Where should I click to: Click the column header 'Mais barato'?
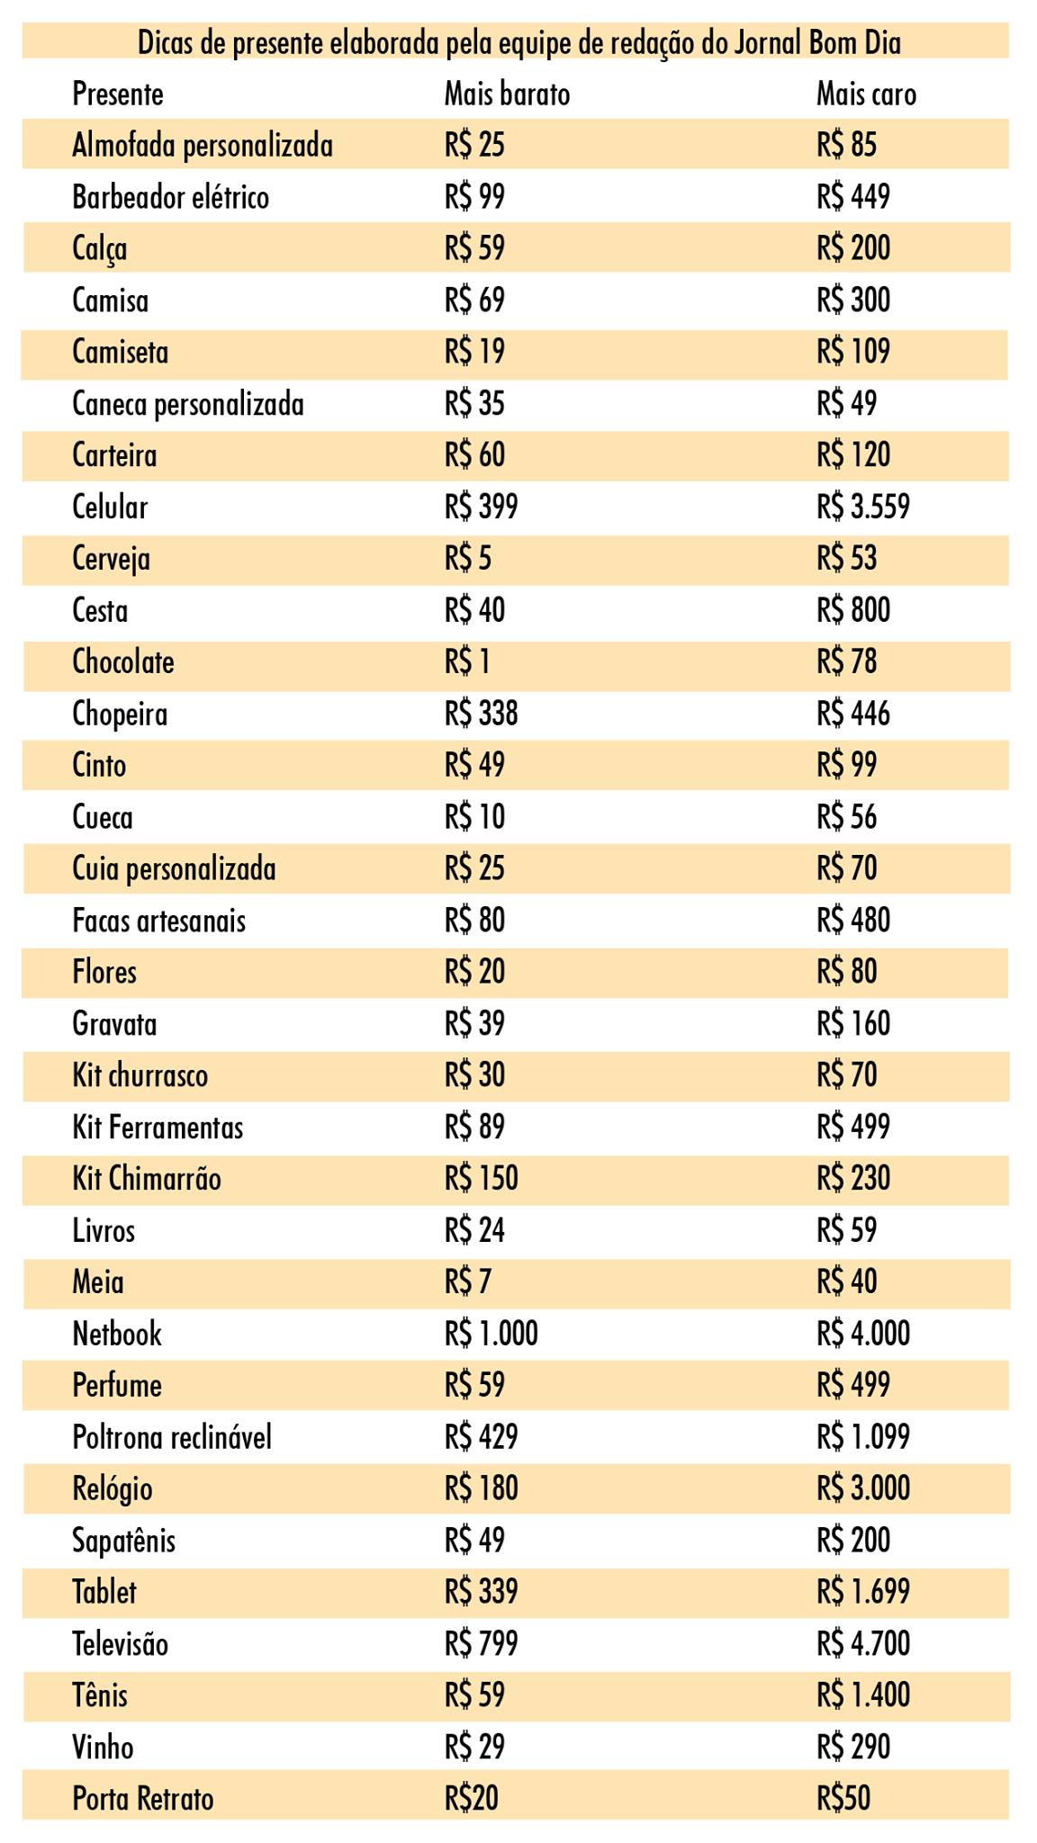[507, 94]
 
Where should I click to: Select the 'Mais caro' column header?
[866, 94]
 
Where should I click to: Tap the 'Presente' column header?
[118, 94]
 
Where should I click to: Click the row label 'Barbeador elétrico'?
[170, 197]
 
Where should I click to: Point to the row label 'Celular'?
[110, 507]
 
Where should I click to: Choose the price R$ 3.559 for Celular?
[863, 507]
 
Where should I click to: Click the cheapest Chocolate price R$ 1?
[467, 662]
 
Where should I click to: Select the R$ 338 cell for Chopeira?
[481, 714]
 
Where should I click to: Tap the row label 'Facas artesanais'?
[158, 921]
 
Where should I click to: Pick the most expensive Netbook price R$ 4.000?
[863, 1334]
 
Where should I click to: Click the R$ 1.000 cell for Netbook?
[491, 1334]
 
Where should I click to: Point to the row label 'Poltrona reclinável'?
[172, 1437]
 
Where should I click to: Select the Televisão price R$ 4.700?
[863, 1644]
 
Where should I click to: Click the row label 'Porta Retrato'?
[143, 1799]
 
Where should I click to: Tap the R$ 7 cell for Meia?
[467, 1281]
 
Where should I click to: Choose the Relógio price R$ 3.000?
[863, 1488]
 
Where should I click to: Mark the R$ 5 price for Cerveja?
[467, 559]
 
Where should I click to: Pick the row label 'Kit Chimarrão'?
[147, 1179]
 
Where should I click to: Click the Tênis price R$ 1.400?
[863, 1695]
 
